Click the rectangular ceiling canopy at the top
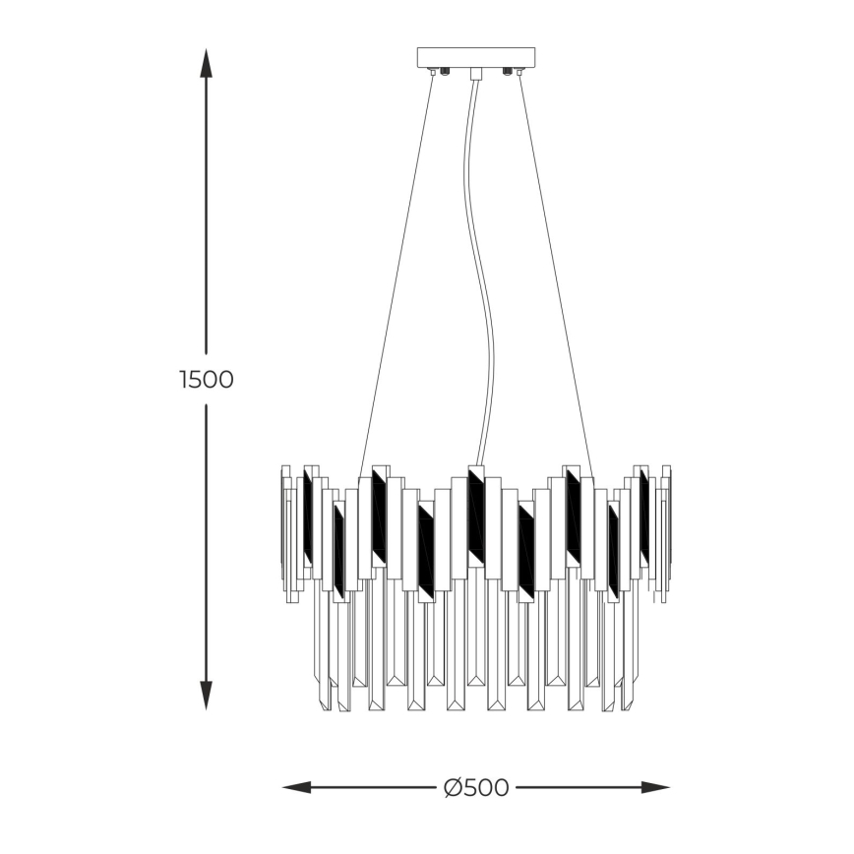476,57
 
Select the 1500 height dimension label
207,379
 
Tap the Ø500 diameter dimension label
476,787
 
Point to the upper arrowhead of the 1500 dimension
206,63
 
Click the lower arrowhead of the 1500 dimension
206,696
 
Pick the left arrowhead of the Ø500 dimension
297,787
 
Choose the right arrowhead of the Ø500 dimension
655,787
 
